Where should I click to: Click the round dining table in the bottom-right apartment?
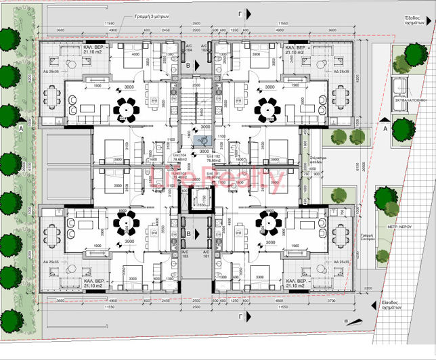pyautogui.click(x=264, y=222)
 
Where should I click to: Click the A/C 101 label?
pyautogui.click(x=219, y=254)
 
